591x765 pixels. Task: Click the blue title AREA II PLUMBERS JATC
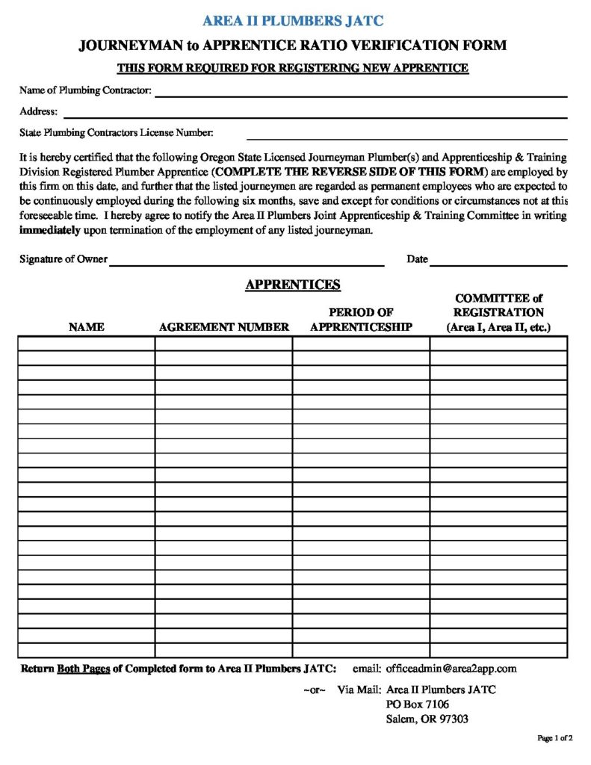[x=293, y=21]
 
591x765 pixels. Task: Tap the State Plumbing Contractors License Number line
[x=406, y=137]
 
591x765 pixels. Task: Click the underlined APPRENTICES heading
[x=293, y=285]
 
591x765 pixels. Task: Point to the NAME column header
[x=86, y=327]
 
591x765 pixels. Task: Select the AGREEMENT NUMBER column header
[x=223, y=327]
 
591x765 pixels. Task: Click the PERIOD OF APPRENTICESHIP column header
[x=361, y=320]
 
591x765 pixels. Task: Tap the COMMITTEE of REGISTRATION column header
[x=498, y=312]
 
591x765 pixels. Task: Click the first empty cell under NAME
[x=86, y=344]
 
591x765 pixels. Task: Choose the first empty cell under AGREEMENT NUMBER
[x=223, y=344]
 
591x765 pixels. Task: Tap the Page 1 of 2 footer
[x=554, y=739]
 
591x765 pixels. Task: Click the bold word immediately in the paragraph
[x=50, y=230]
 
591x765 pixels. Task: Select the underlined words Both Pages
[x=84, y=669]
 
